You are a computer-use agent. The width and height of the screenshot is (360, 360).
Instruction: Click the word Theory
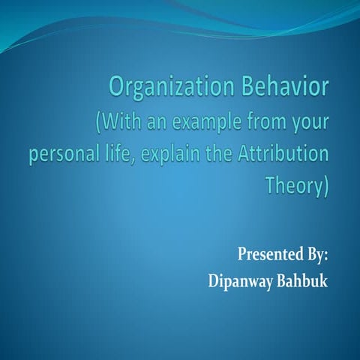(294, 186)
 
